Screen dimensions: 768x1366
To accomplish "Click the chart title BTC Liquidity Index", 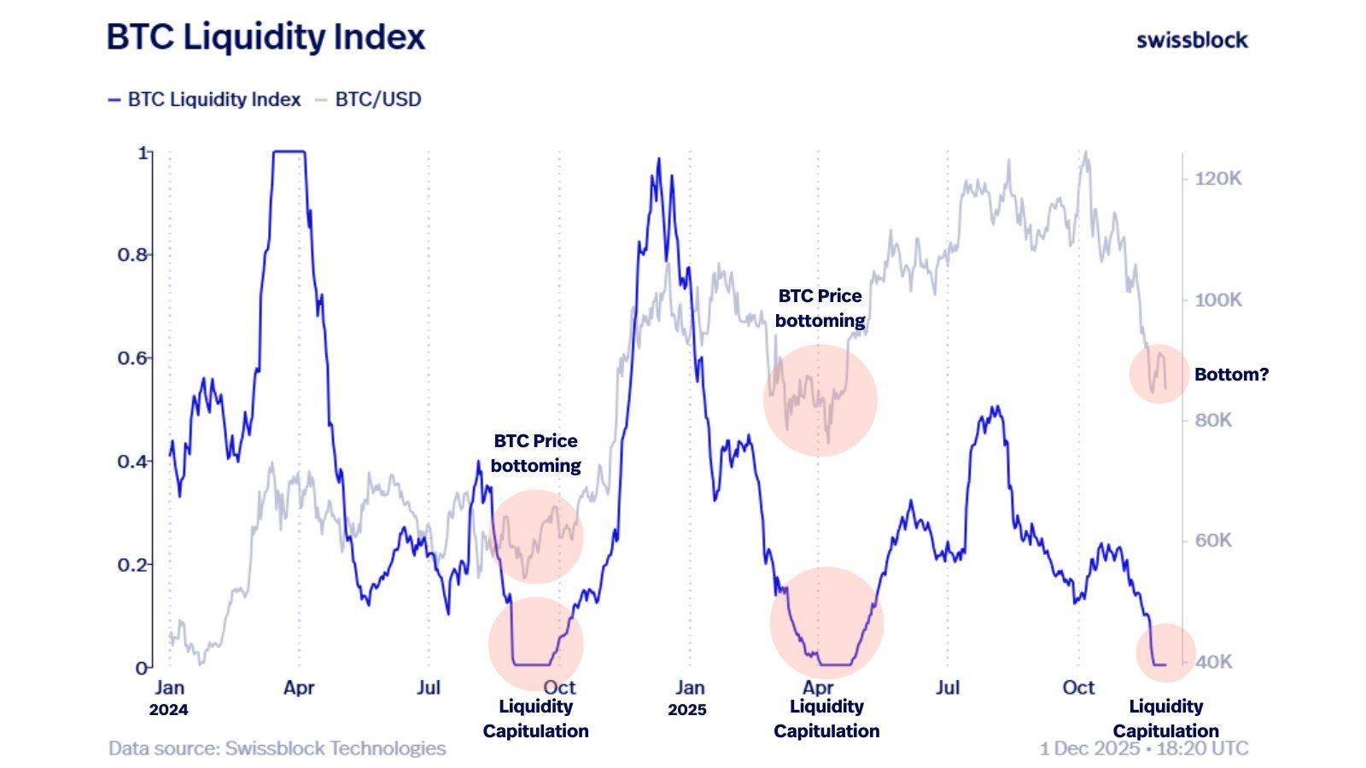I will [266, 38].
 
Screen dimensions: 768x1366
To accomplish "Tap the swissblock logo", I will [1192, 40].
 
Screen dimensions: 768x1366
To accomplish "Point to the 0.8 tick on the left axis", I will [132, 255].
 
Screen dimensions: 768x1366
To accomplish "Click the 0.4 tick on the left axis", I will [132, 462].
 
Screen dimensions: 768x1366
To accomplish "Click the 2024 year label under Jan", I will [168, 710].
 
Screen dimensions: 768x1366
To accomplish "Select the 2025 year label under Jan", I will [687, 710].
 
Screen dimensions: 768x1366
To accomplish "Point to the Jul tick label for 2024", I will [429, 688].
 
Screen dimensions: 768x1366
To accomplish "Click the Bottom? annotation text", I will [1231, 375].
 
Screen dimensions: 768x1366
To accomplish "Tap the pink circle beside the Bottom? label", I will [1159, 374].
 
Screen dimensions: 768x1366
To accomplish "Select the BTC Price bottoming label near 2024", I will [536, 453].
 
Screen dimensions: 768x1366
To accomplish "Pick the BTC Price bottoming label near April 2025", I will [820, 308].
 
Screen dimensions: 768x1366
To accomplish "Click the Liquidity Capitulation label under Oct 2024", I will [536, 719].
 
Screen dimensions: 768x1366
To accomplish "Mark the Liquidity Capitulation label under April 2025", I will [826, 719].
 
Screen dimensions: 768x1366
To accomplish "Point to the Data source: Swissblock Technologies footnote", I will [277, 749].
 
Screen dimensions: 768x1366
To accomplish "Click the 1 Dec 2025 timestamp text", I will [1143, 749].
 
